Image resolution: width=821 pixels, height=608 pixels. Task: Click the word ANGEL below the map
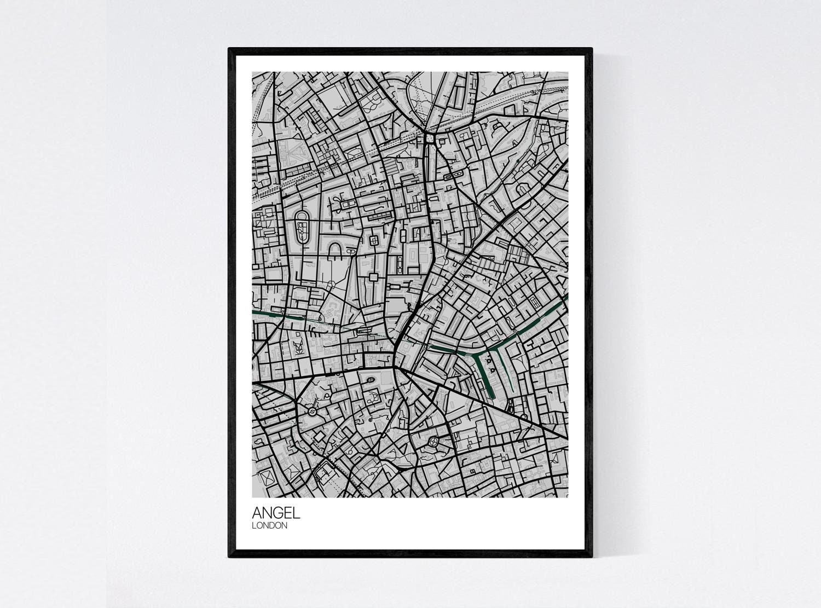276,513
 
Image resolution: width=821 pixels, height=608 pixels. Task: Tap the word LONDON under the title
269,526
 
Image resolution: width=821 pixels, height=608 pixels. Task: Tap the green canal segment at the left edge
268,314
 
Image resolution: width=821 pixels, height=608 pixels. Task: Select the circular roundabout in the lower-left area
311,410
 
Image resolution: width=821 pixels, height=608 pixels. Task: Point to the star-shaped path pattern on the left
299,347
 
